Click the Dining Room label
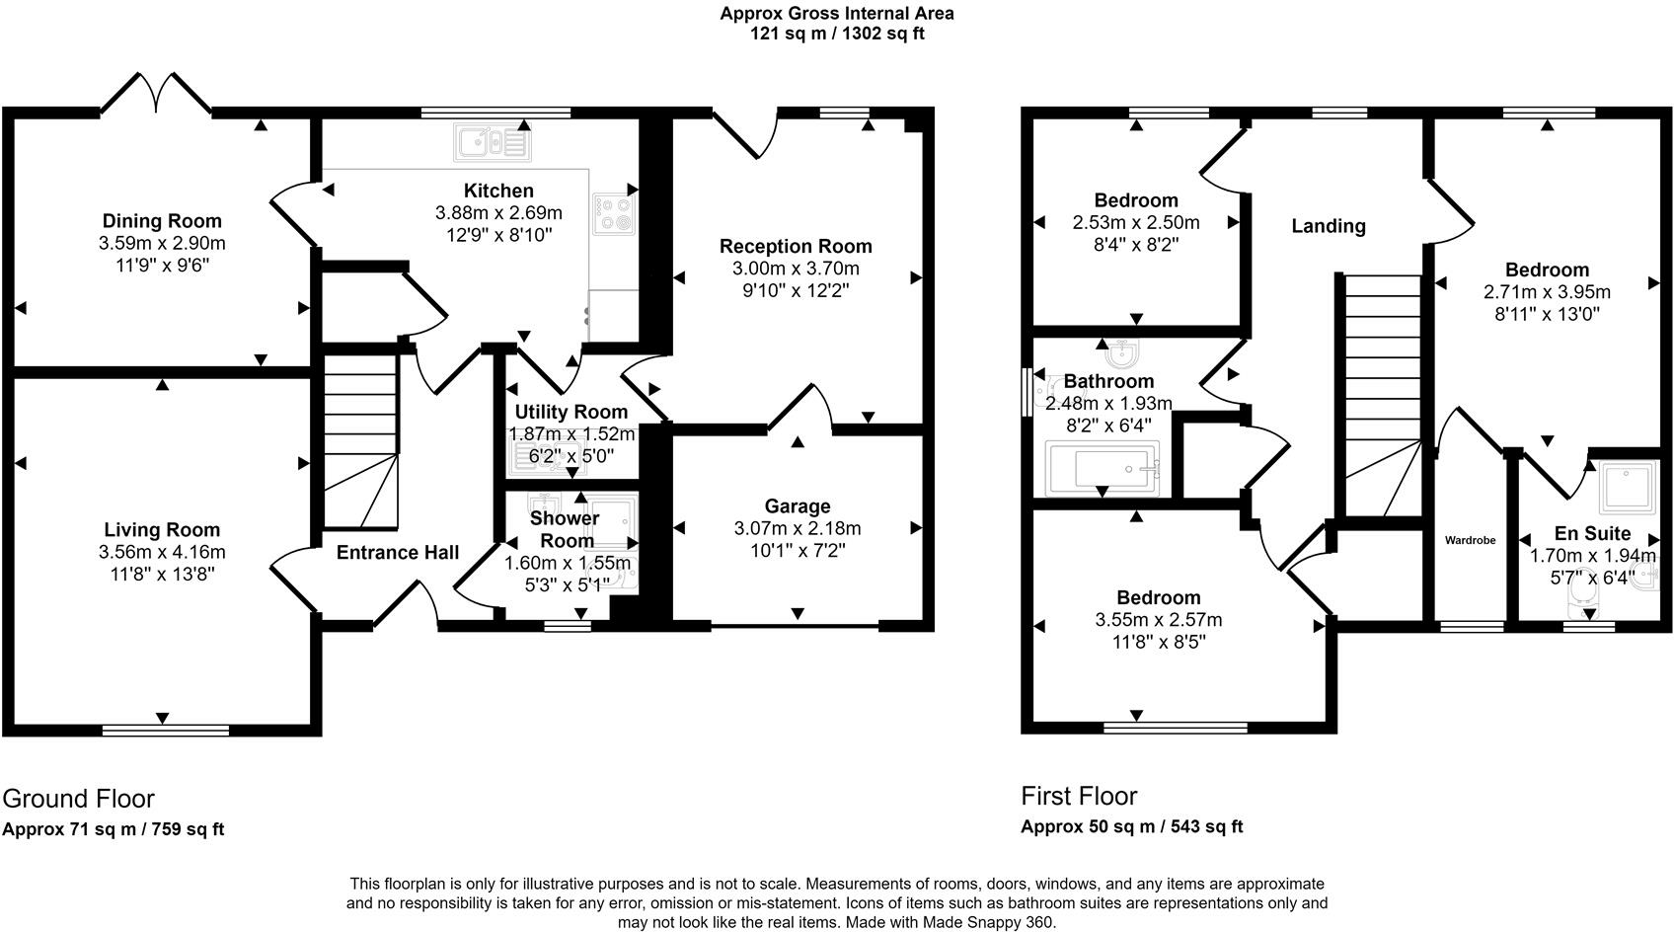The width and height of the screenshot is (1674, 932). click(162, 221)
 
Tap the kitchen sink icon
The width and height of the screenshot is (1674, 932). click(491, 143)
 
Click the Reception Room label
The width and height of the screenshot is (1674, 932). click(795, 247)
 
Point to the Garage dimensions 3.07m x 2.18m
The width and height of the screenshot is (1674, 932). click(798, 529)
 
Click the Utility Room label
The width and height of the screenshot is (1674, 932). click(571, 412)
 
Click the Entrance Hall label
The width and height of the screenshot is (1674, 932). click(397, 553)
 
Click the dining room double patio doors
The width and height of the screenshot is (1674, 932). click(156, 94)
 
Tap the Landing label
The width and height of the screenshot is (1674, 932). click(1328, 226)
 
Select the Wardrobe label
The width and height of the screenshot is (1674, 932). click(1470, 540)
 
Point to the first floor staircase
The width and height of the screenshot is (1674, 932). click(1378, 395)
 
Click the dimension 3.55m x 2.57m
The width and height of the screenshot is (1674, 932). click(1158, 621)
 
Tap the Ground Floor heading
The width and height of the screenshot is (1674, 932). click(78, 798)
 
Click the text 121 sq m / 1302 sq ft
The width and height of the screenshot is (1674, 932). click(836, 34)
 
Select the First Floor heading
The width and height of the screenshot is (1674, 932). click(1079, 796)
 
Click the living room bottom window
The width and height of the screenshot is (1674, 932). click(165, 731)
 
